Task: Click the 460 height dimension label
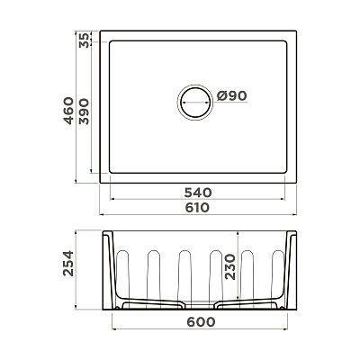pyautogui.click(x=69, y=111)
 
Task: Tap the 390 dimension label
pyautogui.click(x=84, y=112)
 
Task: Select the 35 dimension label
pyautogui.click(x=84, y=40)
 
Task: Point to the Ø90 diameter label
pyautogui.click(x=231, y=96)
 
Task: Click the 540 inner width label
pyautogui.click(x=198, y=193)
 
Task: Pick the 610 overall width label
pyautogui.click(x=197, y=208)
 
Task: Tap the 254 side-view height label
pyautogui.click(x=68, y=263)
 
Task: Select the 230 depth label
pyautogui.click(x=230, y=266)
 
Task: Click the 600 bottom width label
pyautogui.click(x=201, y=322)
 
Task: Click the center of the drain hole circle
pyautogui.click(x=195, y=102)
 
